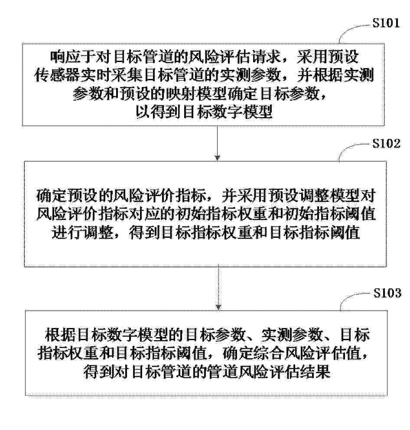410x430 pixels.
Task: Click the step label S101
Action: [386, 23]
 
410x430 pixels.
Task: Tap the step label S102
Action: [386, 143]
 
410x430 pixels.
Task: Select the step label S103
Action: [387, 293]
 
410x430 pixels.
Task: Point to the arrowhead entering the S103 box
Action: [218, 307]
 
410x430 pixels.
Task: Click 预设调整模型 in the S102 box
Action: [314, 196]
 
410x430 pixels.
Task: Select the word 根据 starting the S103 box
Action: [60, 335]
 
